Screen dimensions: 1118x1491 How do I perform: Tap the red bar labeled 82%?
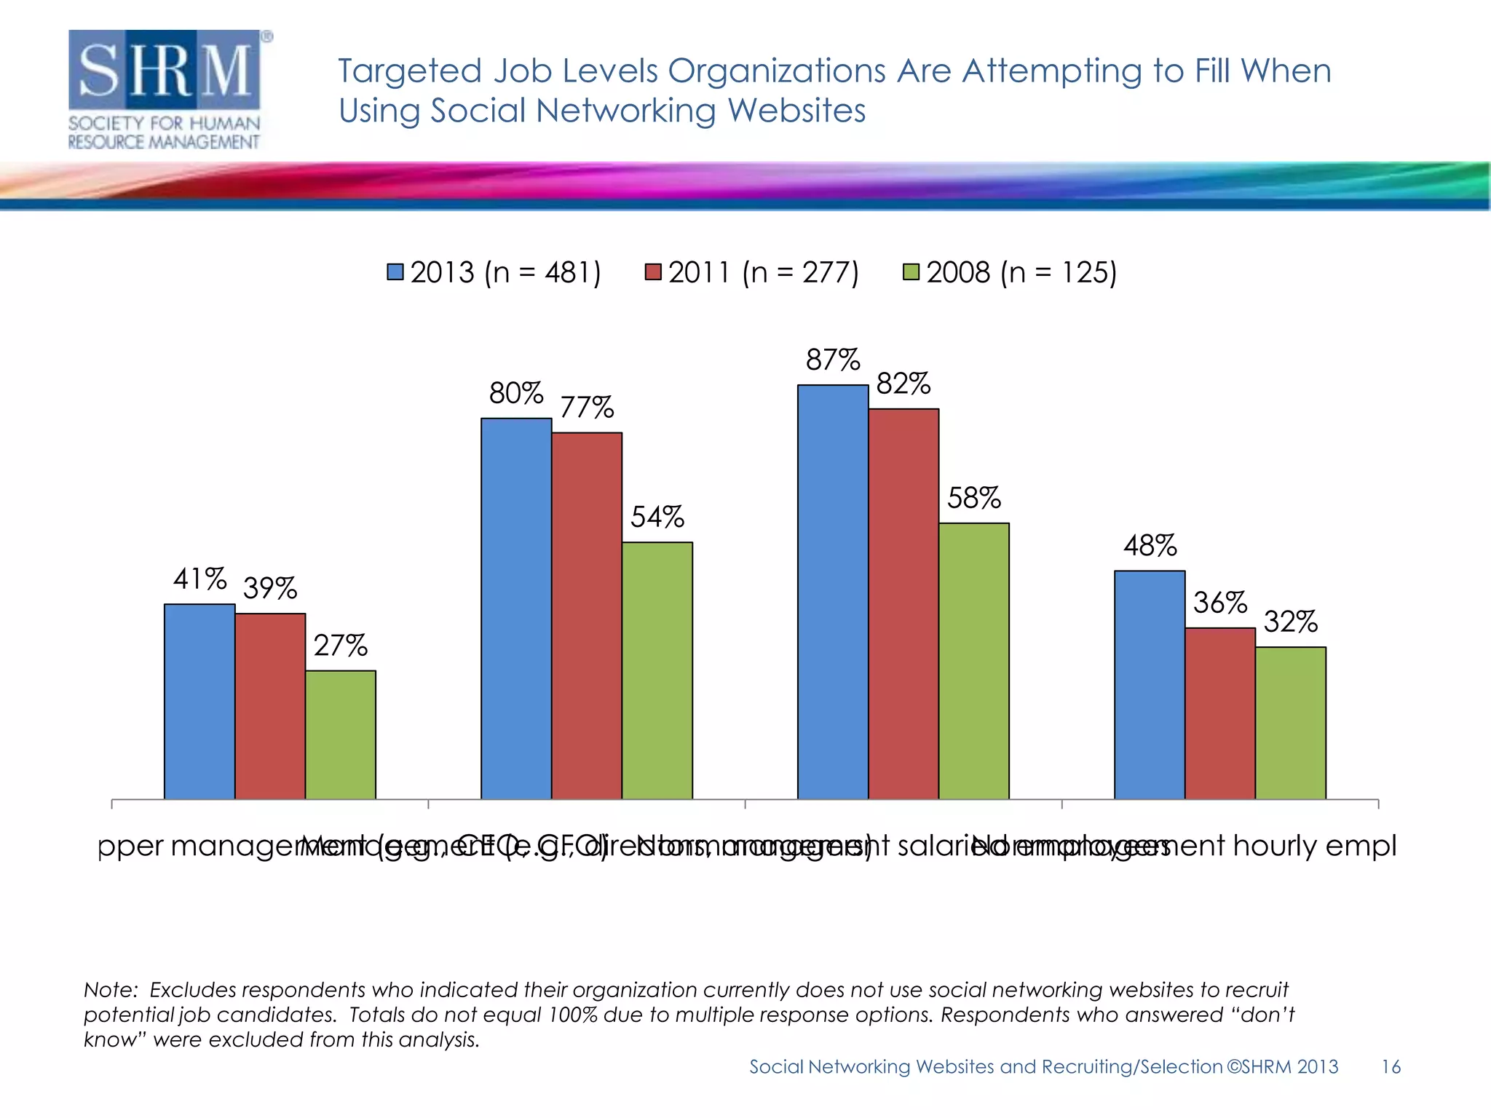click(903, 603)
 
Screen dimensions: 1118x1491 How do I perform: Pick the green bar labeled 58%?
click(974, 660)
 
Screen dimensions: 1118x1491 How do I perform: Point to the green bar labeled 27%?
click(341, 734)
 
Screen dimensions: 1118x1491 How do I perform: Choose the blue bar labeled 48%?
click(1150, 684)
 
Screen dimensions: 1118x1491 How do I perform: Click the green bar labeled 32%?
click(1291, 722)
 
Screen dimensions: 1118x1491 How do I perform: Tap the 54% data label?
click(657, 518)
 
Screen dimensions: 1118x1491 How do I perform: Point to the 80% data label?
click(516, 394)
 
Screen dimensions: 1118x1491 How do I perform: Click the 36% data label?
click(1220, 603)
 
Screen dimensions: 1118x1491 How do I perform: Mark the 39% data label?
click(270, 589)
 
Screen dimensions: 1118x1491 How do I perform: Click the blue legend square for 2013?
click(395, 272)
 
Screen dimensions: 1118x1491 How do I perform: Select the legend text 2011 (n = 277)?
click(763, 273)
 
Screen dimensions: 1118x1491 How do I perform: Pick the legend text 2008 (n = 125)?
click(1021, 273)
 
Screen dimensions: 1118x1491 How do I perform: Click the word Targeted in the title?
click(410, 71)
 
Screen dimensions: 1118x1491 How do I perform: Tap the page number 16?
click(1391, 1067)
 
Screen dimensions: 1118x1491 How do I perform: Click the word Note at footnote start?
click(109, 990)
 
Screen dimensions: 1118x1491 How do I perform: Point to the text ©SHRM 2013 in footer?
click(1283, 1067)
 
